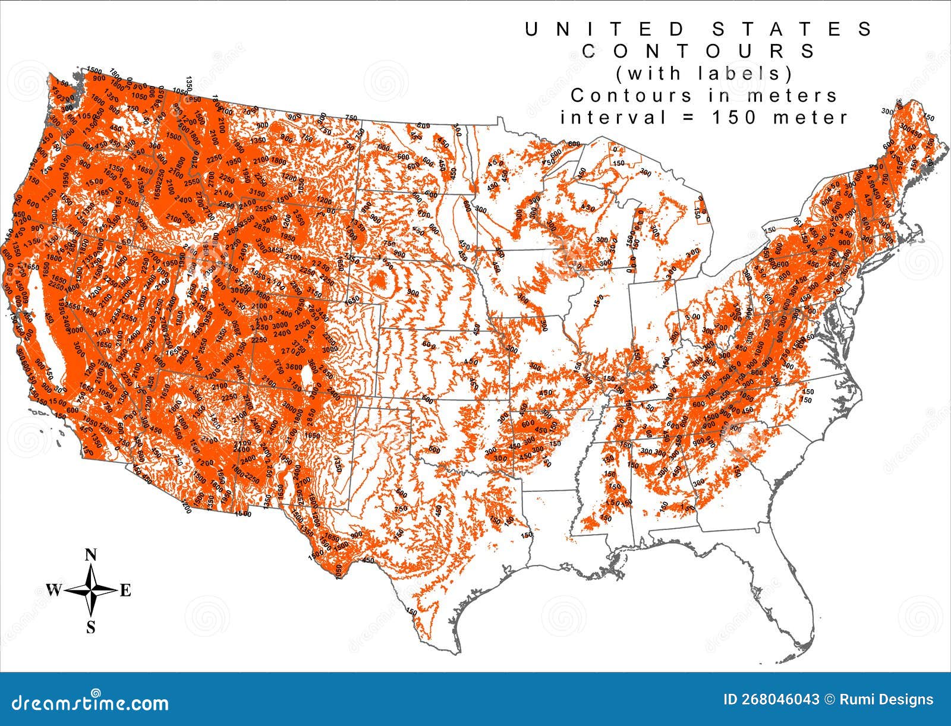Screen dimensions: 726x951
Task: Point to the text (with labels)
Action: click(x=704, y=73)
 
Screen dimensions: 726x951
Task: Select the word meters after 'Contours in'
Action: click(x=797, y=95)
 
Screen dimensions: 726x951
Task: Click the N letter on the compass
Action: click(x=91, y=555)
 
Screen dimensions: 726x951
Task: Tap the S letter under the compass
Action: click(x=91, y=627)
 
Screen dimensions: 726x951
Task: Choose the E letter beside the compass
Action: click(x=125, y=591)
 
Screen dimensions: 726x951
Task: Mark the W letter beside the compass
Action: click(x=53, y=590)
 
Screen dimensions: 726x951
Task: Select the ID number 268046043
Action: click(x=771, y=700)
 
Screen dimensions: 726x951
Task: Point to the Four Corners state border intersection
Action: click(x=251, y=381)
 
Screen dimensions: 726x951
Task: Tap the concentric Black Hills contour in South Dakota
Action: click(x=380, y=281)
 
